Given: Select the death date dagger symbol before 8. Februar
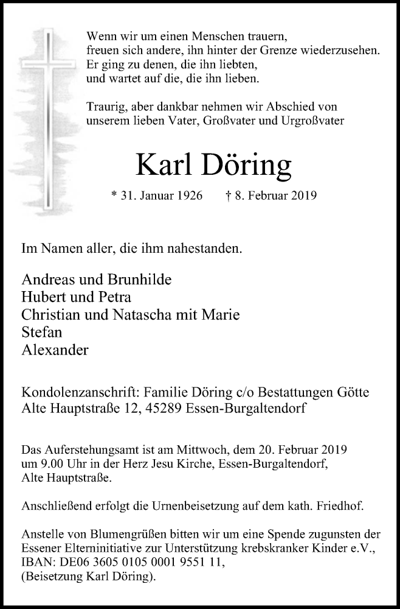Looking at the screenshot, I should [227, 195].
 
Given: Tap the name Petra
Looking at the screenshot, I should [115, 297].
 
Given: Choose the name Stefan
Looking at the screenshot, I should [41, 333].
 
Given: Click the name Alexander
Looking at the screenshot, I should [55, 350].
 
